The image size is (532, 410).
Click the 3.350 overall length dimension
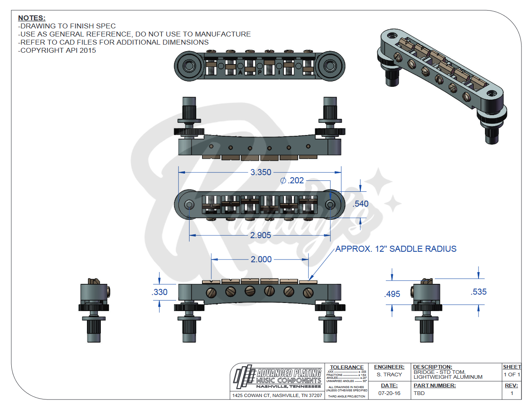pos(261,172)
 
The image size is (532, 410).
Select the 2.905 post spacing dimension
pos(260,235)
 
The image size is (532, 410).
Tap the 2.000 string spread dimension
pos(261,260)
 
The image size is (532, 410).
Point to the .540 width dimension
pos(360,204)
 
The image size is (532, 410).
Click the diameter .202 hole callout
pos(292,180)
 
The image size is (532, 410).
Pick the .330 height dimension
pos(160,292)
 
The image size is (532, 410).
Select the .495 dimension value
pos(392,294)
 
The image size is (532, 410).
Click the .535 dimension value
pos(479,292)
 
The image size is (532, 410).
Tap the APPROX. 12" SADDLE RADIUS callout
pos(396,249)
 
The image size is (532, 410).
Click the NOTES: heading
pos(32,18)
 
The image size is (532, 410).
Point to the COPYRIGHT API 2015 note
pos(57,50)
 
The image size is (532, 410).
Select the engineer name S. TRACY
pos(389,375)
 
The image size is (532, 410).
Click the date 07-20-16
pos(389,393)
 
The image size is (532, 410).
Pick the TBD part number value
pos(419,393)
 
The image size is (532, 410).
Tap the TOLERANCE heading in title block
pos(347,367)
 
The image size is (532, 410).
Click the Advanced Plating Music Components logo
pos(278,376)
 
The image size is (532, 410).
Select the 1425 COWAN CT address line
pos(277,395)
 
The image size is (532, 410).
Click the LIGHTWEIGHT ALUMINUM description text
pos(448,377)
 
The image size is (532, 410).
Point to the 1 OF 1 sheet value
pos(512,375)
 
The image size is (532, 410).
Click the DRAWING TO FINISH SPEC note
pos(67,26)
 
